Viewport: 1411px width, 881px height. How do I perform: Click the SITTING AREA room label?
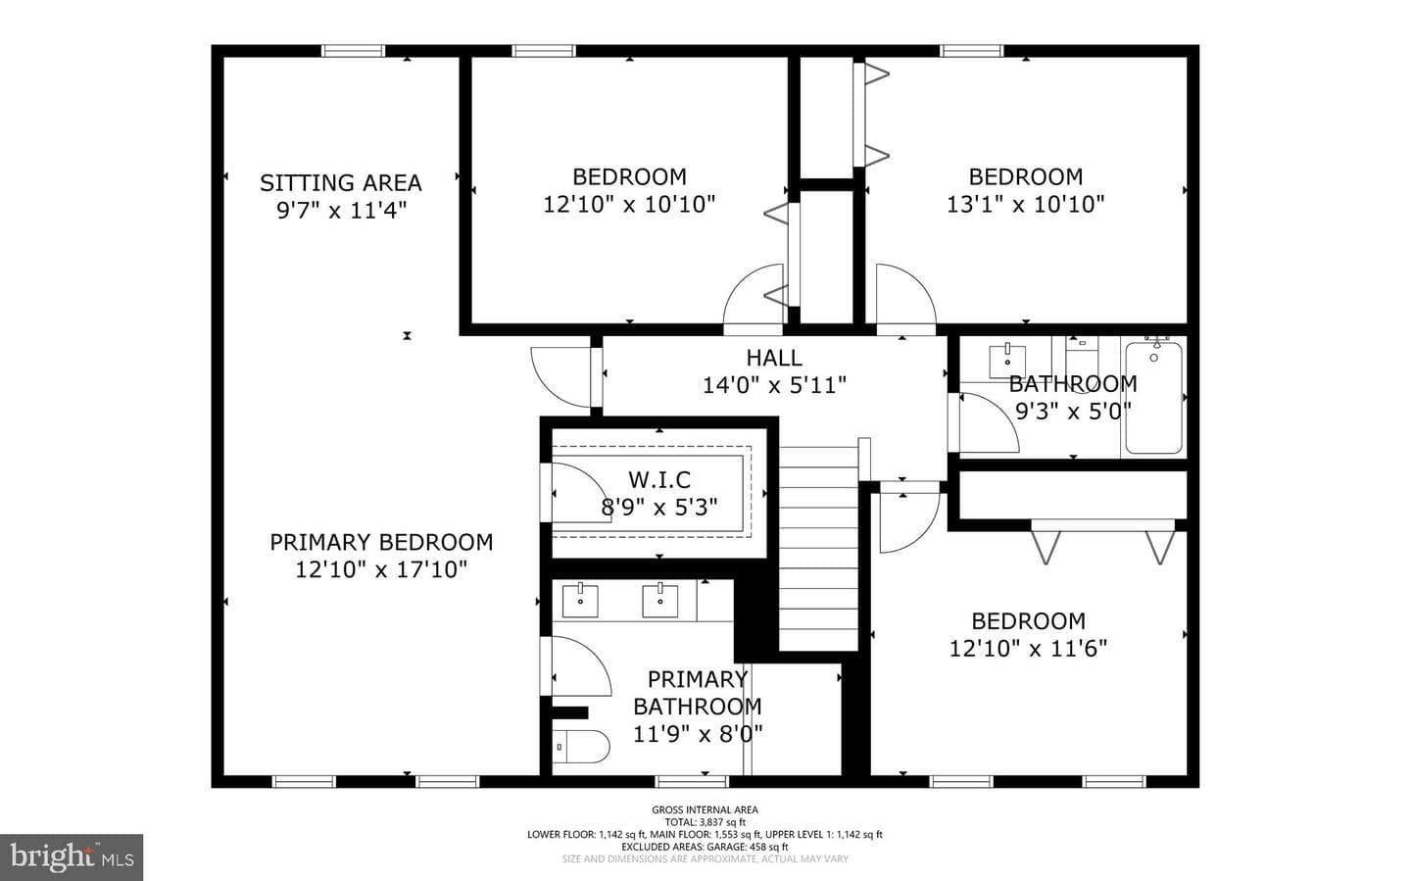(x=341, y=182)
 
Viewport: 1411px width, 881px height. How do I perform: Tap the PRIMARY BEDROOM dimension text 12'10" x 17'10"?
(x=382, y=569)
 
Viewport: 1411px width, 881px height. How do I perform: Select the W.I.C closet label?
(x=659, y=479)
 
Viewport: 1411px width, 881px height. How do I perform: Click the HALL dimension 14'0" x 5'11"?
(x=774, y=385)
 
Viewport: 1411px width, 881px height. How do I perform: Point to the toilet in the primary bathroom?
(x=581, y=747)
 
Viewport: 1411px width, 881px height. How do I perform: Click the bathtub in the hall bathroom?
(x=1153, y=397)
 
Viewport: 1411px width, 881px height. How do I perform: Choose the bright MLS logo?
(x=72, y=857)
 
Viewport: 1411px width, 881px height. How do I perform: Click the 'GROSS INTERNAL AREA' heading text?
(x=705, y=809)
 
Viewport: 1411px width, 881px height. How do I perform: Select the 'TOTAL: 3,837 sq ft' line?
(x=705, y=822)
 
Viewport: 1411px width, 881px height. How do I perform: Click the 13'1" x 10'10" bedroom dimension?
(x=1026, y=204)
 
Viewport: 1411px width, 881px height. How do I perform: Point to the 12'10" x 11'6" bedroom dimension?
(x=1028, y=649)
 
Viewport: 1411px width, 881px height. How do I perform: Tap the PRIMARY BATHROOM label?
(x=698, y=693)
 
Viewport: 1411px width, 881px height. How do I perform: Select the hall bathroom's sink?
(x=1007, y=361)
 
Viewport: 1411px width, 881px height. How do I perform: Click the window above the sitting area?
(x=353, y=50)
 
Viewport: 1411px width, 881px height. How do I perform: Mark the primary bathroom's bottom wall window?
(x=691, y=781)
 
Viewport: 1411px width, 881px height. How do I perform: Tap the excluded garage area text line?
(x=705, y=847)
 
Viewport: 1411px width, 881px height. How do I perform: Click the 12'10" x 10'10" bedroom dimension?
(x=629, y=204)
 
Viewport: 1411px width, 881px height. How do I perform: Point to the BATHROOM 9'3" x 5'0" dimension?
(x=1073, y=411)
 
